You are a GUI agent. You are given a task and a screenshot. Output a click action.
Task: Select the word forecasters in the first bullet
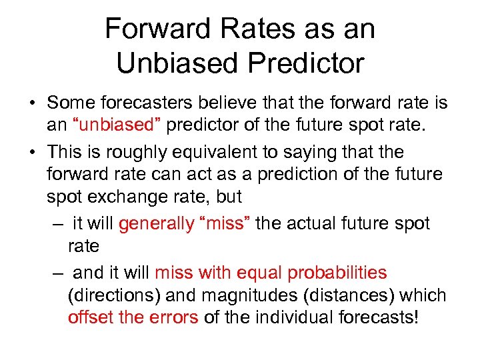click(145, 103)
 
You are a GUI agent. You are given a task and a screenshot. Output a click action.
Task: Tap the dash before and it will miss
click(54, 273)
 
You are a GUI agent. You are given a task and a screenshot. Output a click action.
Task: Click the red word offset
click(90, 317)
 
